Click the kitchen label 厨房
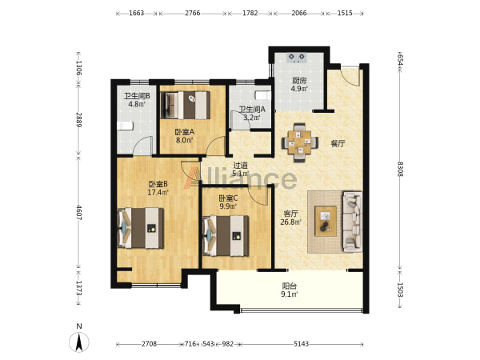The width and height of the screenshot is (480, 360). tap(299, 81)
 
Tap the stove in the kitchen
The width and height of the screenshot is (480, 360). tap(297, 58)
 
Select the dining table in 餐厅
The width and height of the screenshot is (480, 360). tap(300, 142)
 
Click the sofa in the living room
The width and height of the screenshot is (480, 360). tap(353, 222)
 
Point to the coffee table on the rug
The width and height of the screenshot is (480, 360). tap(326, 221)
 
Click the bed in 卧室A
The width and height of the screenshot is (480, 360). tap(186, 105)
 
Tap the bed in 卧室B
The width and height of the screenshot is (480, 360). tap(141, 228)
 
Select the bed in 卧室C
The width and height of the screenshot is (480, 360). tap(226, 236)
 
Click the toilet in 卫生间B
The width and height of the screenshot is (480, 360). tap(126, 126)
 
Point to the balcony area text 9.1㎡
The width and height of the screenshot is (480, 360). tap(290, 294)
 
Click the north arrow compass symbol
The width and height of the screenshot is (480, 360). tap(79, 342)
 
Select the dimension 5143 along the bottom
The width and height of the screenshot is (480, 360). tap(302, 344)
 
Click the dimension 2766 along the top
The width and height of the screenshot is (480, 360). tap(193, 13)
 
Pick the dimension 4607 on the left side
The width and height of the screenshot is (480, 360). tap(78, 213)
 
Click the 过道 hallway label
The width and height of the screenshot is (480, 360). tap(240, 166)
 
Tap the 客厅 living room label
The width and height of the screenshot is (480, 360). tap(290, 214)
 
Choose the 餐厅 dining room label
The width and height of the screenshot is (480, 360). tap(338, 143)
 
